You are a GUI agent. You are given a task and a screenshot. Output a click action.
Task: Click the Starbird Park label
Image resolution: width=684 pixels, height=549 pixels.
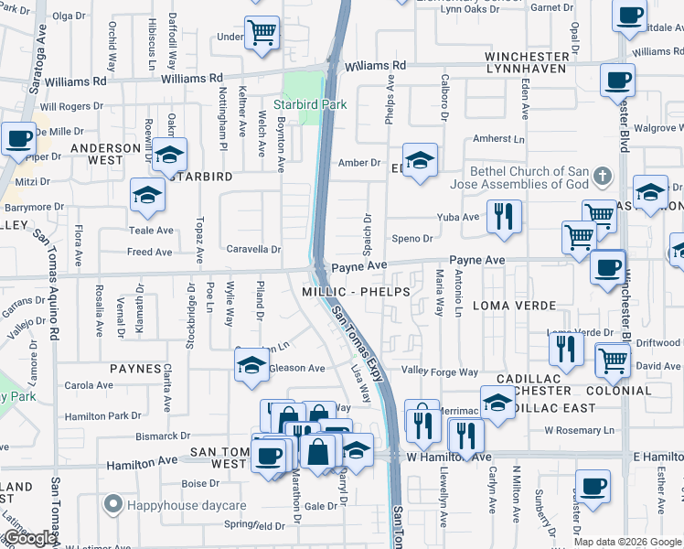click(310, 104)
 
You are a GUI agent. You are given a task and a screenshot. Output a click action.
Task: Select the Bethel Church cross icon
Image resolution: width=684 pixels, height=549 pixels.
click(602, 175)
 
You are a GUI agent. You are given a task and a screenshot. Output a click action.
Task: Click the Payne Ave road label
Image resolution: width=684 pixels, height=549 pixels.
click(359, 267)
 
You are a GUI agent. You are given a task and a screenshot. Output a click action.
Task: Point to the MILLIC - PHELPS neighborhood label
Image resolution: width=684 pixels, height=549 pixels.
click(360, 291)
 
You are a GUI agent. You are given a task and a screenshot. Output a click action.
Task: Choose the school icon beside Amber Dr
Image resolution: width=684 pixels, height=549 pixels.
click(420, 159)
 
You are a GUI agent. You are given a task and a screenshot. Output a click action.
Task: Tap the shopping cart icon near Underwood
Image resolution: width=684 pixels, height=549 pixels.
click(262, 34)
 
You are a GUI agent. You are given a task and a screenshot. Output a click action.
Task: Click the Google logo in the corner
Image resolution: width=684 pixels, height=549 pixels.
click(30, 538)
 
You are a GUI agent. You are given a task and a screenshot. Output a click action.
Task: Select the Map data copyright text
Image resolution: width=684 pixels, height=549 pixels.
click(626, 542)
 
